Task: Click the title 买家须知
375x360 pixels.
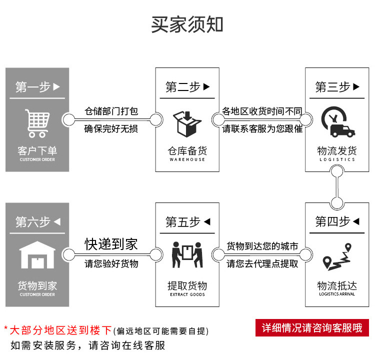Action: pyautogui.click(x=187, y=24)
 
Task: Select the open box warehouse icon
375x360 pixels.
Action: pyautogui.click(x=187, y=123)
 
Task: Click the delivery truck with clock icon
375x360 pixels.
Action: pyautogui.click(x=337, y=121)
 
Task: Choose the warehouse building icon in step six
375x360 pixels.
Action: pyautogui.click(x=37, y=255)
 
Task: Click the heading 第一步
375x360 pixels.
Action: pyautogui.click(x=37, y=87)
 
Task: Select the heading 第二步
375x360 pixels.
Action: pyautogui.click(x=187, y=87)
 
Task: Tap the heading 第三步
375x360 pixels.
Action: pyautogui.click(x=337, y=87)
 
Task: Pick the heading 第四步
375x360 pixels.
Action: pyautogui.click(x=337, y=221)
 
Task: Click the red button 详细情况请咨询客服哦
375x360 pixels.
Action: pyautogui.click(x=312, y=328)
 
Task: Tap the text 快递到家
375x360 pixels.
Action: pyautogui.click(x=111, y=244)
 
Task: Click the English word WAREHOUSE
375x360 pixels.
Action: pyautogui.click(x=187, y=159)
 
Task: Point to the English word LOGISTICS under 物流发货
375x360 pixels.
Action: pyautogui.click(x=337, y=159)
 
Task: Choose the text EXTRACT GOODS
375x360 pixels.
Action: pyautogui.click(x=187, y=294)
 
